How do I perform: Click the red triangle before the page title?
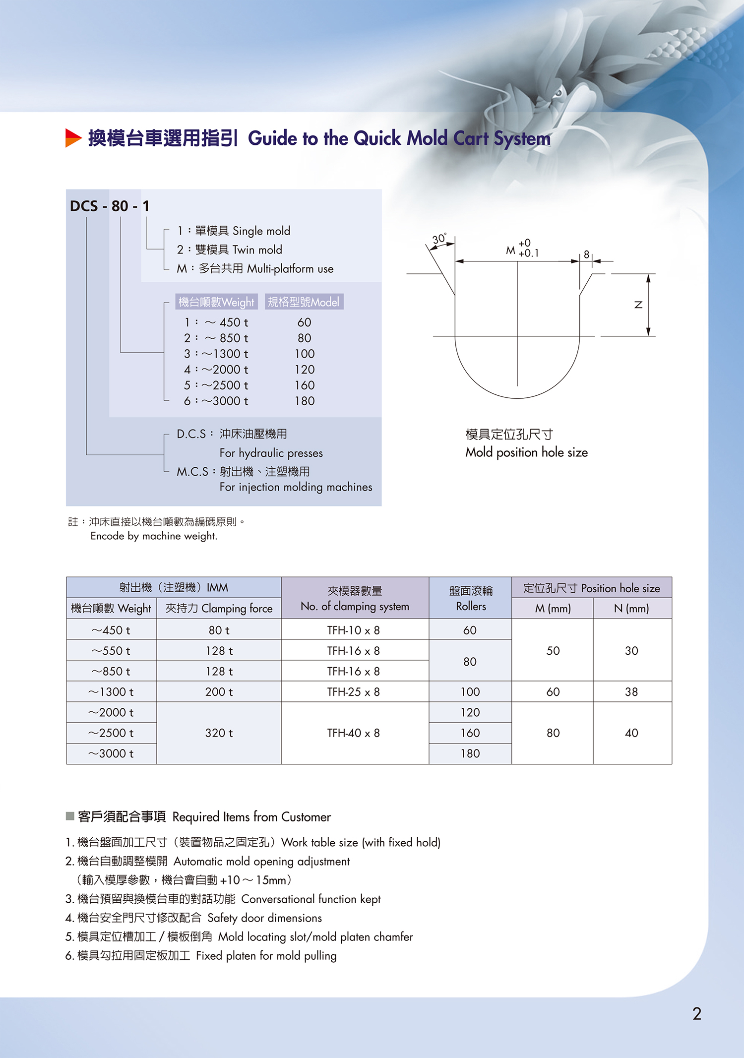click(73, 138)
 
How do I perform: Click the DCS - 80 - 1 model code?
click(110, 206)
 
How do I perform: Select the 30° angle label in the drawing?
click(439, 239)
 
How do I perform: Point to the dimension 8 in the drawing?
click(586, 254)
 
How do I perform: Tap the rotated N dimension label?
click(638, 305)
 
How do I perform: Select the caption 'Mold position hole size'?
click(526, 452)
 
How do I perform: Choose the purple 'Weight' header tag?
click(216, 302)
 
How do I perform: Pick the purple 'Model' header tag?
click(304, 302)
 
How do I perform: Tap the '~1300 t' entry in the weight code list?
click(216, 354)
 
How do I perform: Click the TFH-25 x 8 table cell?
click(354, 692)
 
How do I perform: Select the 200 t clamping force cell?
click(219, 692)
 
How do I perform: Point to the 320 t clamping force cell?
click(219, 733)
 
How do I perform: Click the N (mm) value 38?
click(631, 692)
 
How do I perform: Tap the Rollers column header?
click(470, 598)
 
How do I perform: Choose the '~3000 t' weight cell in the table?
click(111, 754)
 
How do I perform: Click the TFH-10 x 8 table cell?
click(354, 630)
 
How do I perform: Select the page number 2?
click(697, 1013)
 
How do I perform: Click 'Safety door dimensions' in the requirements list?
click(264, 918)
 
